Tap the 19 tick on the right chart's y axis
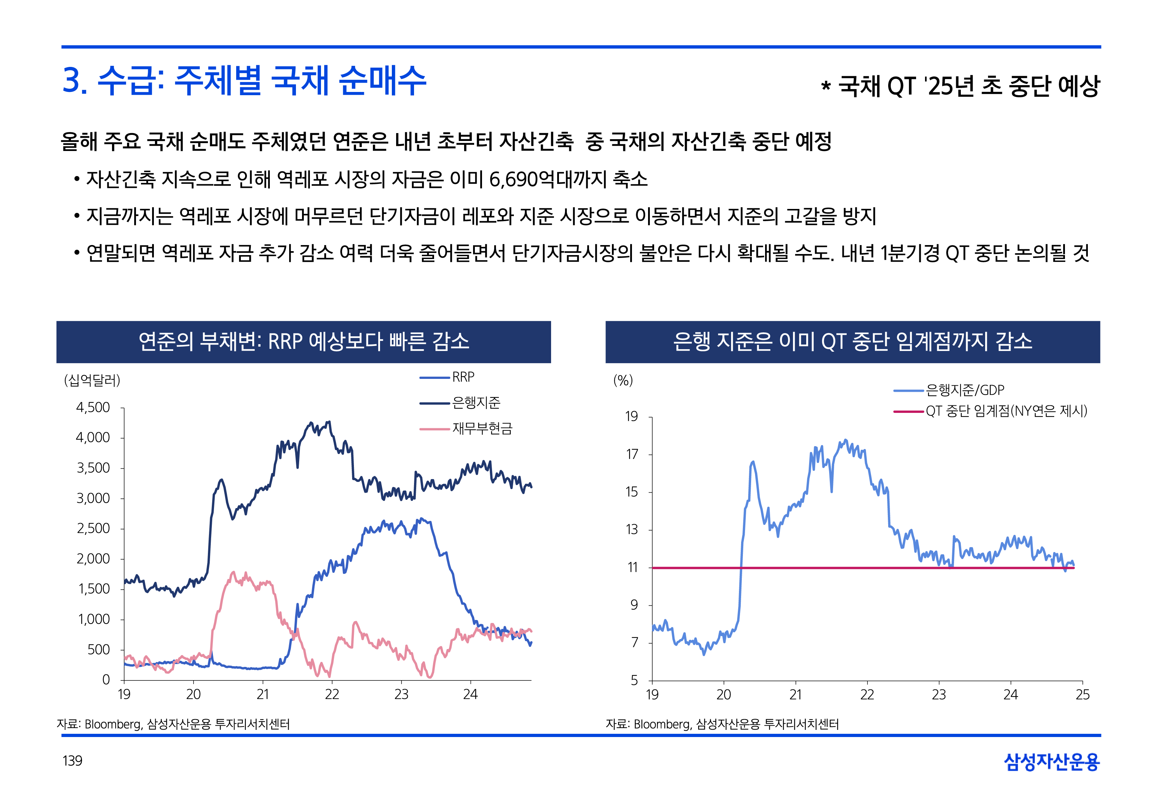[632, 416]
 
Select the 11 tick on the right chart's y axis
[632, 567]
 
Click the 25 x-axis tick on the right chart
[1082, 695]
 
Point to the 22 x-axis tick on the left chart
[332, 694]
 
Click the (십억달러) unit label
[92, 380]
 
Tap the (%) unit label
[623, 380]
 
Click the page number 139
[72, 761]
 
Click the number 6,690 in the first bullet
[514, 180]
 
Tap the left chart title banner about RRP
[303, 342]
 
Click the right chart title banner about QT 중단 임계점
[852, 342]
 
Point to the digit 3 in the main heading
[73, 81]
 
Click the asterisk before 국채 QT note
[826, 86]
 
